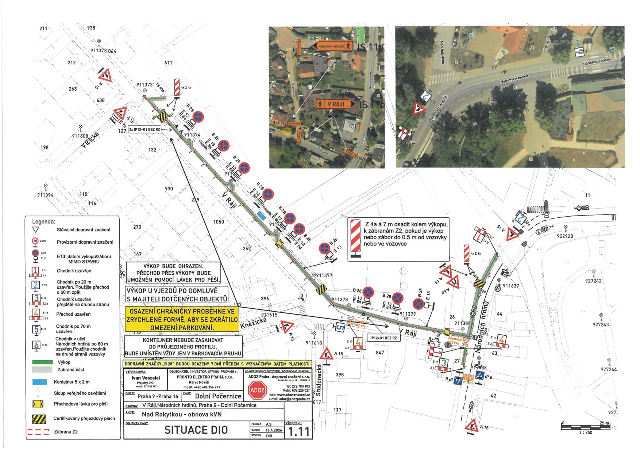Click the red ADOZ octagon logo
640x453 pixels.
[257, 390]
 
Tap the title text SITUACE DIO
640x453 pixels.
[196, 430]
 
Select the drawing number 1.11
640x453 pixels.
[298, 432]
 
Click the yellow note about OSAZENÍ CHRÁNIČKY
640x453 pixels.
[182, 319]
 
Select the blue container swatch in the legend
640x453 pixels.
[39, 382]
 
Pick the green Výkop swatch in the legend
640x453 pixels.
[42, 362]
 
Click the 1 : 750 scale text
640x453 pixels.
[585, 433]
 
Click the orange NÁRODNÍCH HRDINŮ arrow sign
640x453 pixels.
[333, 46]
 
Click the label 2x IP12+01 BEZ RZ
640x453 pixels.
[144, 129]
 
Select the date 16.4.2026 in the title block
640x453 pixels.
[274, 430]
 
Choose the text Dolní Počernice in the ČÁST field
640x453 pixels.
[218, 396]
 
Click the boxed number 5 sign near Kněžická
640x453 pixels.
[340, 327]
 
